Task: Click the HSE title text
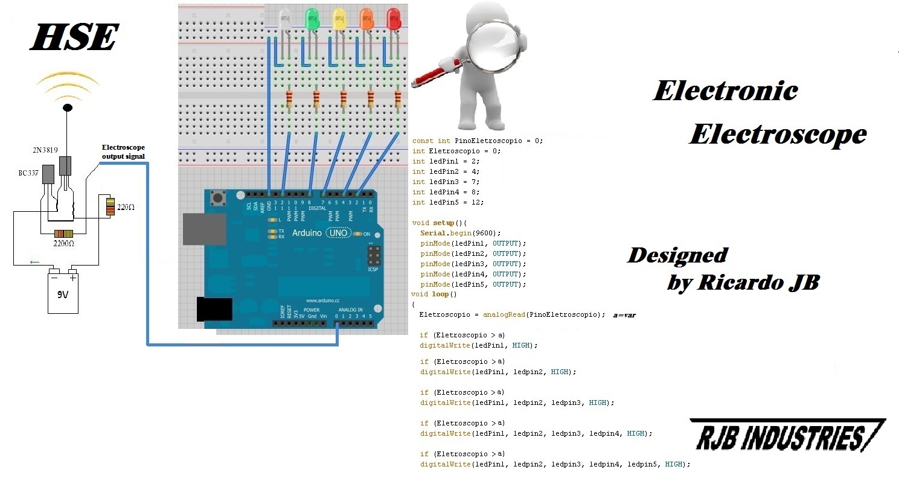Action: point(74,38)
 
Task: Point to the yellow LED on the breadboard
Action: point(339,19)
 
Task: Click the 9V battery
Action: point(63,292)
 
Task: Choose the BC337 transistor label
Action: point(28,173)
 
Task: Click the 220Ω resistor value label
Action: point(126,207)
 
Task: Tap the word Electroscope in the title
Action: point(778,134)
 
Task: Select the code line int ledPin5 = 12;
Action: point(447,202)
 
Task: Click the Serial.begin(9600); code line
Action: point(461,232)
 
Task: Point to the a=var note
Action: point(624,315)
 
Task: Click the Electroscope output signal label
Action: point(123,151)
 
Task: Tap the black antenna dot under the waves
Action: point(68,107)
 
